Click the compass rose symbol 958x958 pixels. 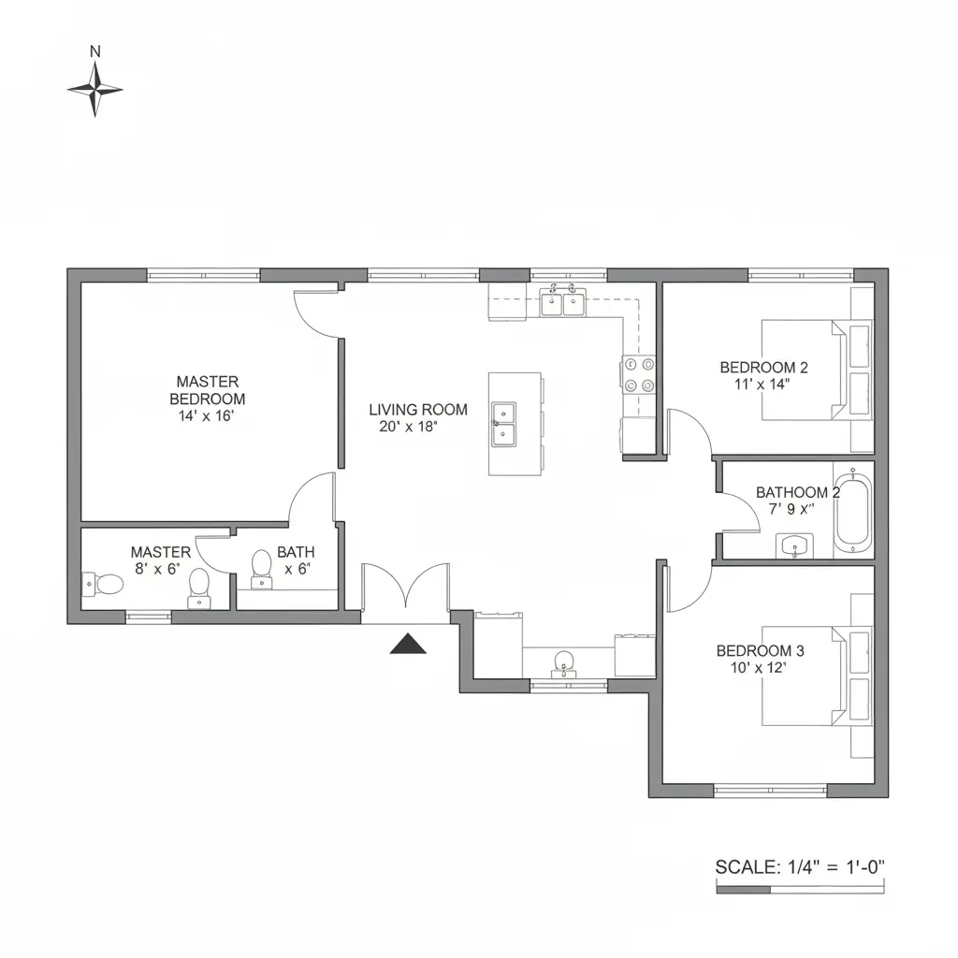tap(94, 90)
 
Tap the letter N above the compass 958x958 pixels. tap(94, 52)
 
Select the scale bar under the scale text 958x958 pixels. tap(799, 890)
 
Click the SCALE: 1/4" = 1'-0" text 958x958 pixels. tap(799, 866)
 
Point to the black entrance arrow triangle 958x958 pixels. tap(407, 644)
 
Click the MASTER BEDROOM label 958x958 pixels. tap(207, 390)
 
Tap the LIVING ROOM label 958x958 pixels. tap(417, 410)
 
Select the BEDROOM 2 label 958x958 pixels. tap(763, 368)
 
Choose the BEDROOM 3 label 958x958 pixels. tap(760, 650)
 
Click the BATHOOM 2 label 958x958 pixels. tap(797, 492)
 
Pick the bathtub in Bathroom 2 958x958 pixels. tap(852, 512)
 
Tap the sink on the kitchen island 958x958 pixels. tap(503, 423)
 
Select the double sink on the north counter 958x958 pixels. tap(561, 301)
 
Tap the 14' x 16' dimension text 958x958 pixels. tap(205, 416)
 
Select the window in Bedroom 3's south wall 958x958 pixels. tap(770, 791)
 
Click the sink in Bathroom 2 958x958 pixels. tap(793, 544)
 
